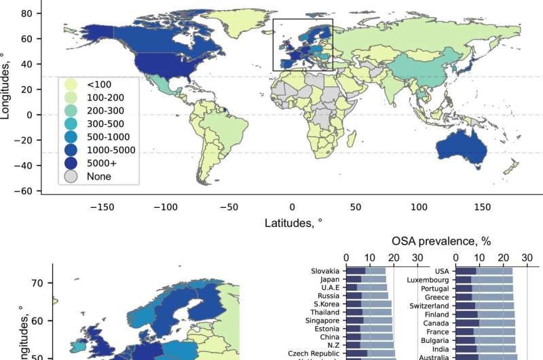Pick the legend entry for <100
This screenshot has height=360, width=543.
click(x=95, y=84)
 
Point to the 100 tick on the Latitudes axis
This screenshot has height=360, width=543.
click(x=419, y=206)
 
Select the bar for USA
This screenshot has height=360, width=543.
click(x=484, y=271)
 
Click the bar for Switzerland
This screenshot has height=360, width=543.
click(x=485, y=306)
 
